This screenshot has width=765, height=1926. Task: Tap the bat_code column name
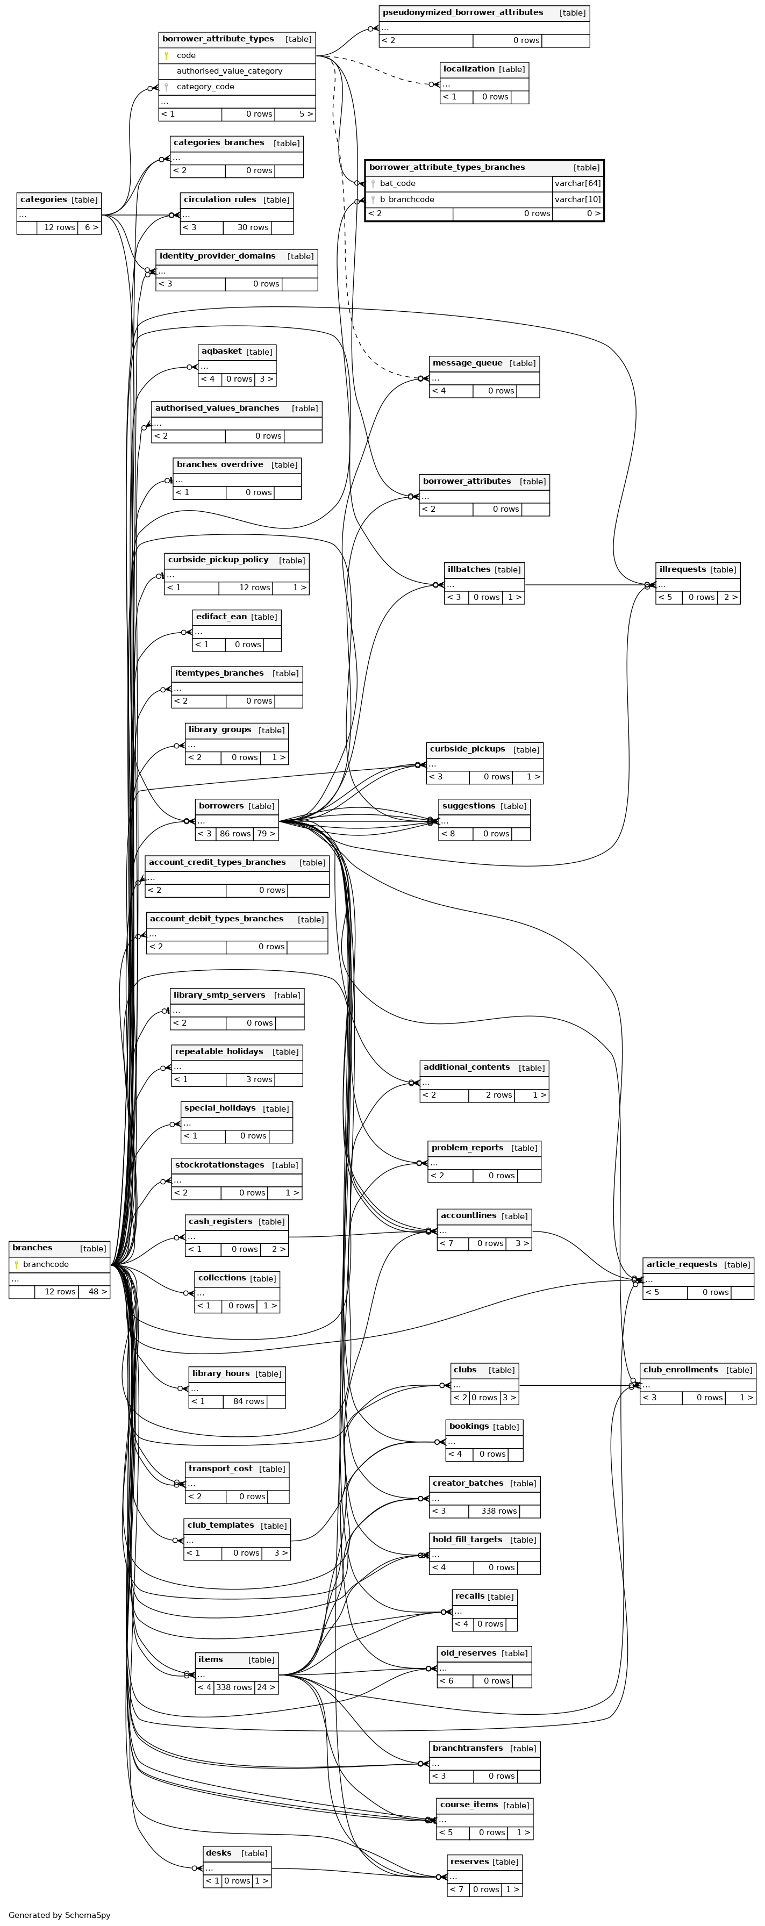pos(397,183)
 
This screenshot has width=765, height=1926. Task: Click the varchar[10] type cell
pos(577,199)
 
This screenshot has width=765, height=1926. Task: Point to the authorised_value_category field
pos(229,71)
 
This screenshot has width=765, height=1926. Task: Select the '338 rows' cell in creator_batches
pos(499,1511)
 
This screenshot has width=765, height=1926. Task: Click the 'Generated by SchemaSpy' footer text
pos(60,1915)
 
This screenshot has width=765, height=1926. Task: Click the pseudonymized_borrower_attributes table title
pos(462,13)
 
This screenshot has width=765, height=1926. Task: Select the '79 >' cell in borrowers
pos(266,834)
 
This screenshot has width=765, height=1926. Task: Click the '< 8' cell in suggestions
pos(448,834)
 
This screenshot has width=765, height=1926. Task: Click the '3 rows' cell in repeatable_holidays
pos(259,1079)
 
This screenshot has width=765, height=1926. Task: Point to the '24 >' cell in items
pos(266,1687)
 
